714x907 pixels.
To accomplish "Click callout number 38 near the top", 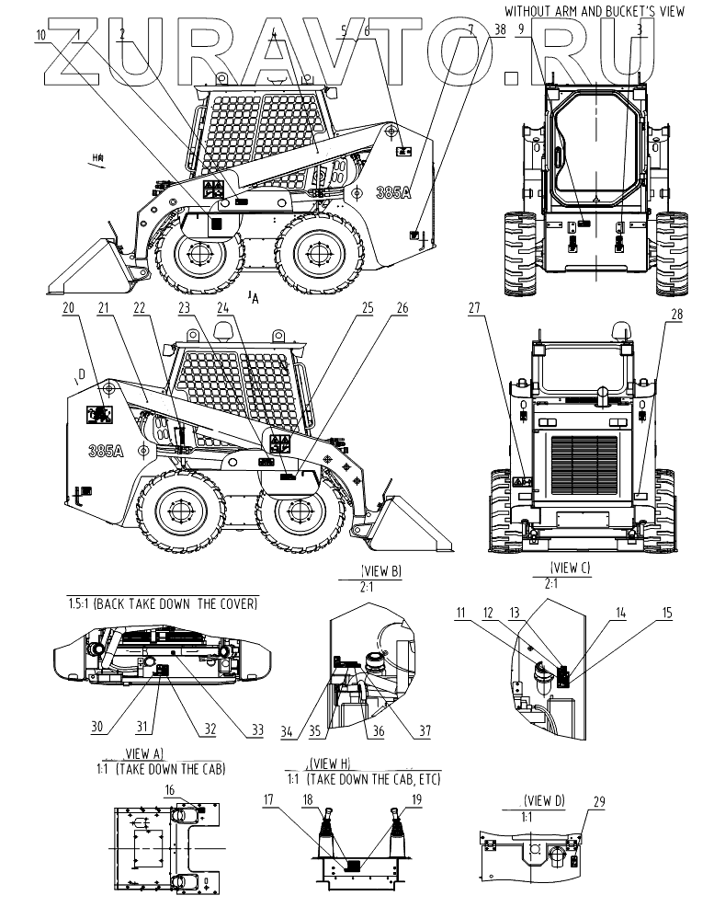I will (499, 29).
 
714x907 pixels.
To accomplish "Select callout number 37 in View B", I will (425, 731).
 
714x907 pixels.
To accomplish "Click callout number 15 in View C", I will (668, 612).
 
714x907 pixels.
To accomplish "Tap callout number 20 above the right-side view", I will (69, 310).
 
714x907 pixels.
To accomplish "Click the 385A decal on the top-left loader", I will (392, 192).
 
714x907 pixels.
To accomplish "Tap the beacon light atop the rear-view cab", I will (618, 327).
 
